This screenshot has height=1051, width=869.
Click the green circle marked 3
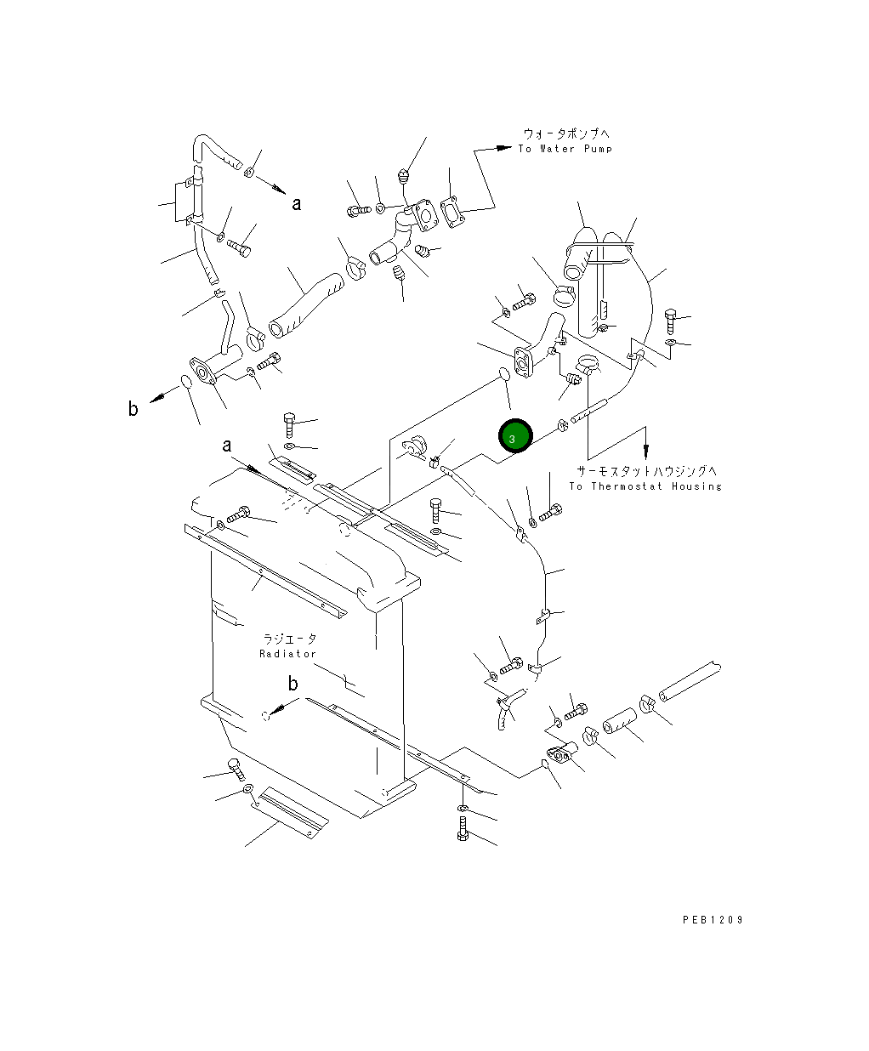(514, 436)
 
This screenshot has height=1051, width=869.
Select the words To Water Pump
(565, 149)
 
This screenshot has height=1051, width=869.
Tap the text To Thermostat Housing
(645, 486)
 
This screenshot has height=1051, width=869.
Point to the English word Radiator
(287, 654)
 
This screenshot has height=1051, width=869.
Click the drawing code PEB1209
(713, 919)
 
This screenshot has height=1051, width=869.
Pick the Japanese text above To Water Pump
(566, 134)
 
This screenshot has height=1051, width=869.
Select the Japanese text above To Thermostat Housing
(647, 470)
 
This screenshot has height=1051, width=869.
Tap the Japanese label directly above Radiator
(289, 639)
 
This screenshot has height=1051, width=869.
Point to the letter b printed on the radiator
(293, 684)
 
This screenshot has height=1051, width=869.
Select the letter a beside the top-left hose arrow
(297, 203)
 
